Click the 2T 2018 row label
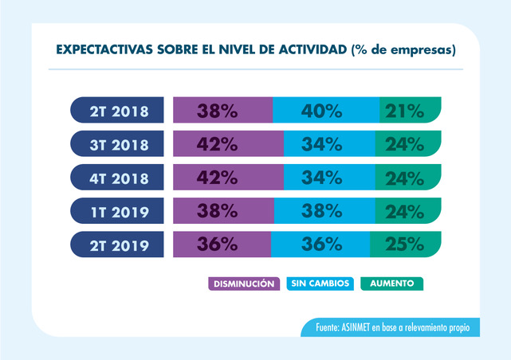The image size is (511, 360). coord(120,110)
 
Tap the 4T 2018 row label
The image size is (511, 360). coord(120,177)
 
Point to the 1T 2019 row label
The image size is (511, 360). coord(120,211)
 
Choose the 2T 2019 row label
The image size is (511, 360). coord(120,245)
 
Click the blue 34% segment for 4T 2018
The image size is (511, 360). coord(332,177)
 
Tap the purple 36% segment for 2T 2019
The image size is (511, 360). coord(221,245)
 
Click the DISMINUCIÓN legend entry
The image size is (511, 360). coord(244,283)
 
